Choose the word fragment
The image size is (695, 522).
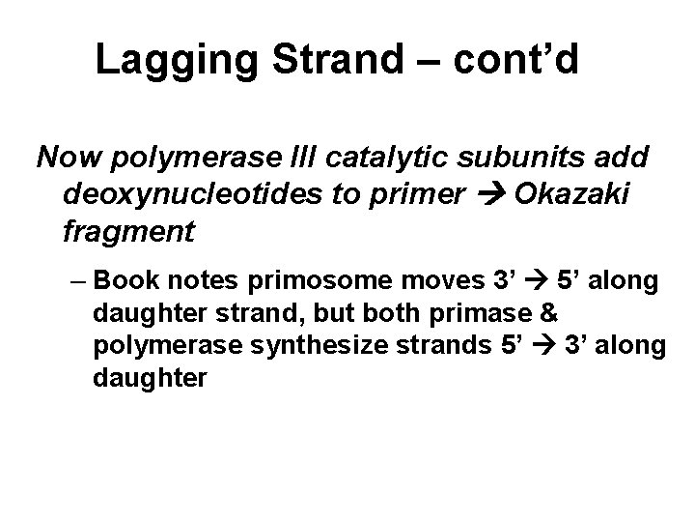[x=127, y=233]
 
